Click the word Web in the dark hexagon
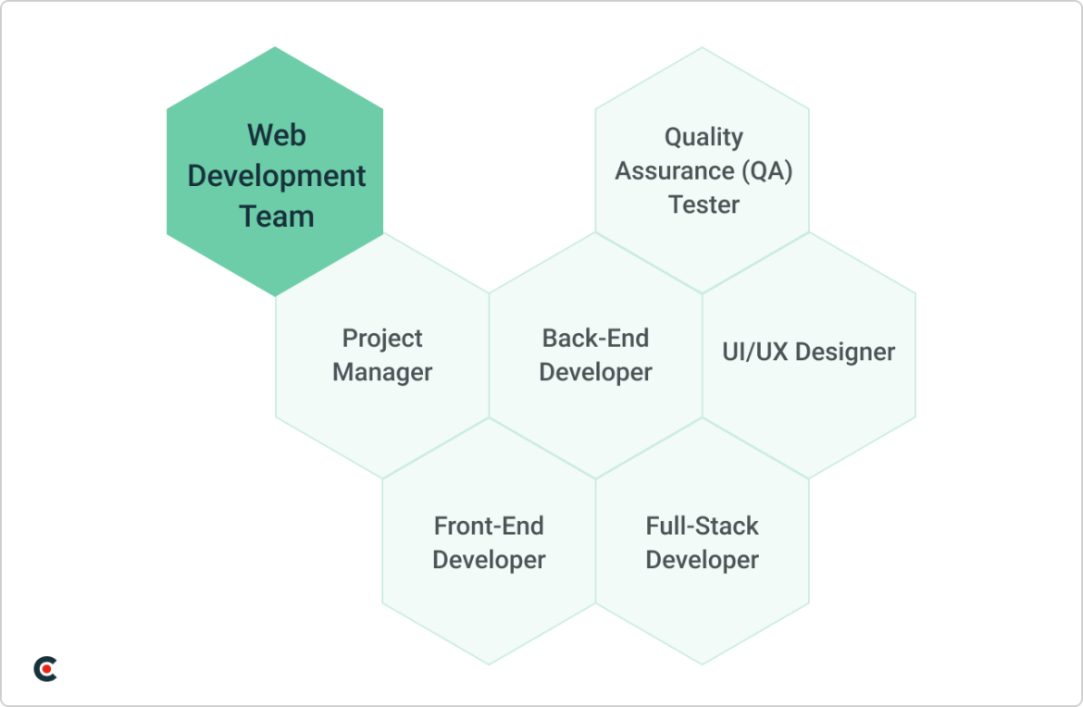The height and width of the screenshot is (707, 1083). coord(276,135)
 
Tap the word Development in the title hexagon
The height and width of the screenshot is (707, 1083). coord(276,176)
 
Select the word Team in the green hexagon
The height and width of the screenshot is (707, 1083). coord(276,217)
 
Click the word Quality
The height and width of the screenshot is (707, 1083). coord(703,138)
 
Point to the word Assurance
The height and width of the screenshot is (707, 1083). coord(675,170)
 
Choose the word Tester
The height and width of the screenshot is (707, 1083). coord(703,205)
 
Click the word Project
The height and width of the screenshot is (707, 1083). coord(382,339)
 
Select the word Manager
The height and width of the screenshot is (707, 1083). coord(382,373)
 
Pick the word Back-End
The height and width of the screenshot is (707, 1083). coord(595,339)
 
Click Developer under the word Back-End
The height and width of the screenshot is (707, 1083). coord(595,373)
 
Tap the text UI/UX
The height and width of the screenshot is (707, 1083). coord(755,353)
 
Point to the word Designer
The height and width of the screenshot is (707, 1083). coord(845,353)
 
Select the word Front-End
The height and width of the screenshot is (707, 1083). coord(489,527)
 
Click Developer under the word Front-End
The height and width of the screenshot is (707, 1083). coord(489,560)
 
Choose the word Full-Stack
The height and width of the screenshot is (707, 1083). coord(702,527)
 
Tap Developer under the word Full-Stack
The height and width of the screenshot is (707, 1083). coord(702,560)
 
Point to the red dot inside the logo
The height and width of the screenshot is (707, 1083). coord(47,669)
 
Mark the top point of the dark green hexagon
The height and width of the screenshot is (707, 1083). coord(275,47)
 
